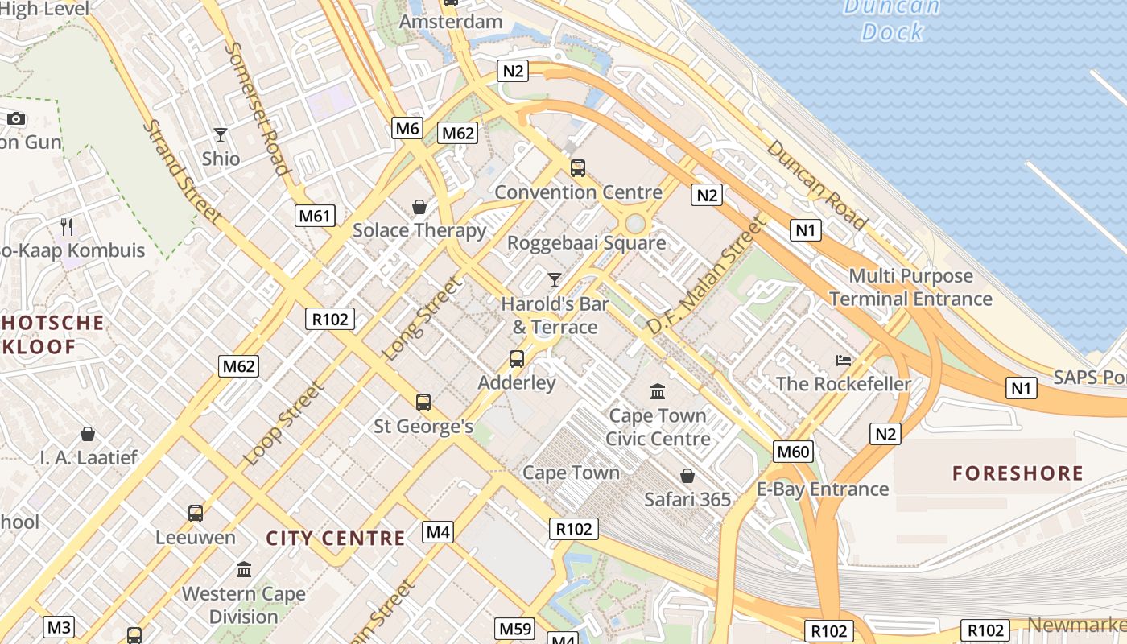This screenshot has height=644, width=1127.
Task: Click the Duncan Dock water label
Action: (x=891, y=19)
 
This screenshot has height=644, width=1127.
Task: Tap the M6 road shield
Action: (x=407, y=128)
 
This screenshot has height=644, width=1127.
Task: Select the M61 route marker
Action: (x=315, y=215)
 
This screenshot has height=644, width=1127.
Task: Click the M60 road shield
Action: (x=793, y=452)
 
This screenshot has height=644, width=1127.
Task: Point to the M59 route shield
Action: (x=516, y=629)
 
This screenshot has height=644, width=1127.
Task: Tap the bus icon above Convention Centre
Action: (x=578, y=168)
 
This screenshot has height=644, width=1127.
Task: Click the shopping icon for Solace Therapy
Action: (x=419, y=208)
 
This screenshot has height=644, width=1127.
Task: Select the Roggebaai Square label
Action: (x=586, y=242)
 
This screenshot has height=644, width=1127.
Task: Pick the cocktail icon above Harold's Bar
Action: (x=555, y=280)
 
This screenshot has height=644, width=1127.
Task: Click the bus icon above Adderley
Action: (x=517, y=359)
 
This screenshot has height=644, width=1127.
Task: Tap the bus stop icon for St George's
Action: (x=423, y=402)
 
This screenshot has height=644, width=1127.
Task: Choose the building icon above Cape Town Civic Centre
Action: (x=658, y=392)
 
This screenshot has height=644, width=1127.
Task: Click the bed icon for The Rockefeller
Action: (x=844, y=360)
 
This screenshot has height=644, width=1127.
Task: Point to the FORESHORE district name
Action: (x=1018, y=473)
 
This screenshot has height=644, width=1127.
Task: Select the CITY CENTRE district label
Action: (x=336, y=539)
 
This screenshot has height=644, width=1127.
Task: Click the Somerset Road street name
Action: (x=256, y=108)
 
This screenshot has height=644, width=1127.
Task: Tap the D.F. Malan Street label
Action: (x=706, y=275)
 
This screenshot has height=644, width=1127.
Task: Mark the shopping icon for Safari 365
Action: (x=687, y=476)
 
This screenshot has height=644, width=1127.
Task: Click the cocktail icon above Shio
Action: (x=221, y=135)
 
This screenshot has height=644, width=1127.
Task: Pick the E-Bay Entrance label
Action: (x=823, y=489)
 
